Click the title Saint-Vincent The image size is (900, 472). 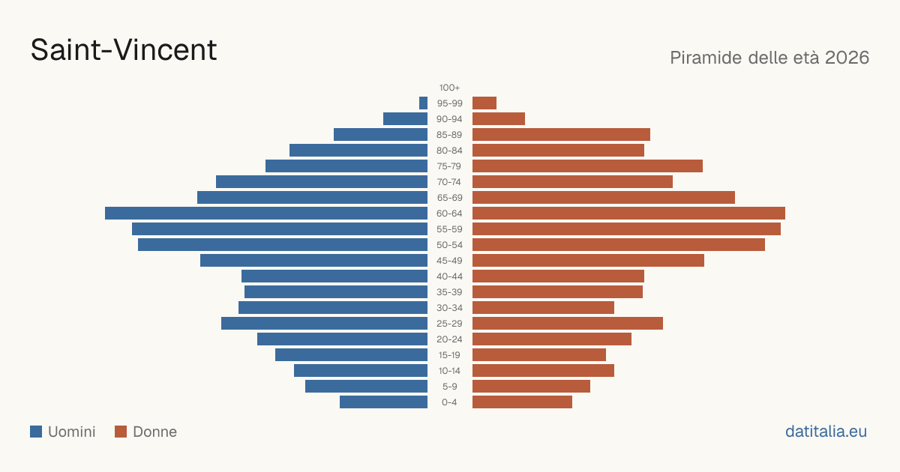coord(124,50)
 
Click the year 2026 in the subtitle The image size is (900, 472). coord(847,58)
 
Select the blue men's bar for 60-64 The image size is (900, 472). coord(266,213)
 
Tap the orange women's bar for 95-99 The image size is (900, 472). coord(484,103)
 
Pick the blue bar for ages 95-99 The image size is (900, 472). coord(424,103)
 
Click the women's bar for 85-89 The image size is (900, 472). coord(561,134)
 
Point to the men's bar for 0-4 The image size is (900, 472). coord(384,402)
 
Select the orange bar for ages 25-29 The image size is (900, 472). coord(568,324)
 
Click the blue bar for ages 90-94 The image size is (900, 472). coord(406,119)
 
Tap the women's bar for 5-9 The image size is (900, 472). coord(531,386)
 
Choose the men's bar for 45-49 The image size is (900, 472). coord(313,261)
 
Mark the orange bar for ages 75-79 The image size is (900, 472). coord(587,166)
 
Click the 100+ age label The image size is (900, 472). coord(449,88)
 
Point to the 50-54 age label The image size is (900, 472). coord(449,245)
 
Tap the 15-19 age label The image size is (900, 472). coord(449,355)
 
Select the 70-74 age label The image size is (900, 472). coord(449,182)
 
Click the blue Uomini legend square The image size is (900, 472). coord(36,432)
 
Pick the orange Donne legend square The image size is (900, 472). coord(121,432)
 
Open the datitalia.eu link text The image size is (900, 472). coord(826,432)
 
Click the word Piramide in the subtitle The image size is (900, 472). coord(706,58)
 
